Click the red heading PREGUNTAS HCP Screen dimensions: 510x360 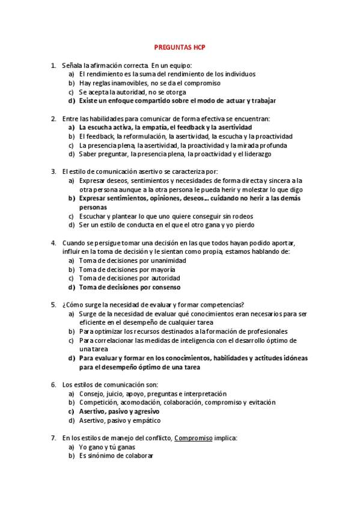click(180, 47)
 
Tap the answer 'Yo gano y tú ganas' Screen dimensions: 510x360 click(107, 447)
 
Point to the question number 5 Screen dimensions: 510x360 click(53, 304)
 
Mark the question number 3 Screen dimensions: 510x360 click(53, 171)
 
